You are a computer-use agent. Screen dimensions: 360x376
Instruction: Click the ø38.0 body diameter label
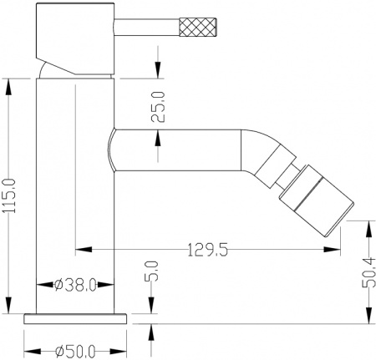coord(76,284)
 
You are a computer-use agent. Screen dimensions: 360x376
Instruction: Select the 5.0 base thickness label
coord(152,274)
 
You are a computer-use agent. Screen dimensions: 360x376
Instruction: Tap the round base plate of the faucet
coord(76,317)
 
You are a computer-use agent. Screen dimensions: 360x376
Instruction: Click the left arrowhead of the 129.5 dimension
coord(80,249)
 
